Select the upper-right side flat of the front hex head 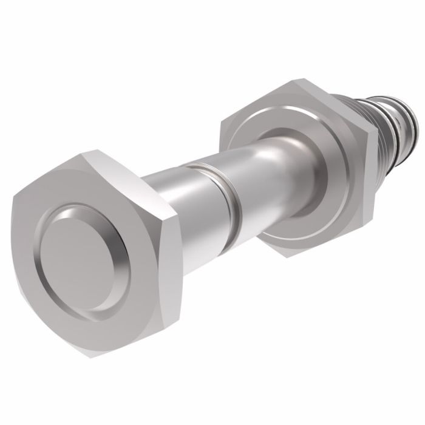pyautogui.click(x=137, y=176)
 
